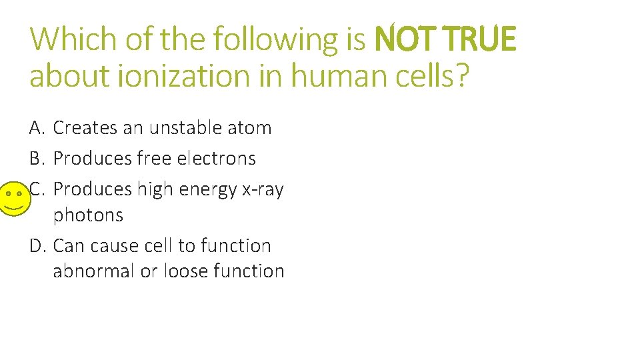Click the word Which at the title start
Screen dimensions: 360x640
click(x=71, y=40)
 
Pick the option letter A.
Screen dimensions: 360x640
click(x=37, y=127)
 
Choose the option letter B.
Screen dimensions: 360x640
click(x=37, y=159)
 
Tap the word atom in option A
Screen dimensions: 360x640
click(x=251, y=127)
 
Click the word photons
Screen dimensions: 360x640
click(x=88, y=215)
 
